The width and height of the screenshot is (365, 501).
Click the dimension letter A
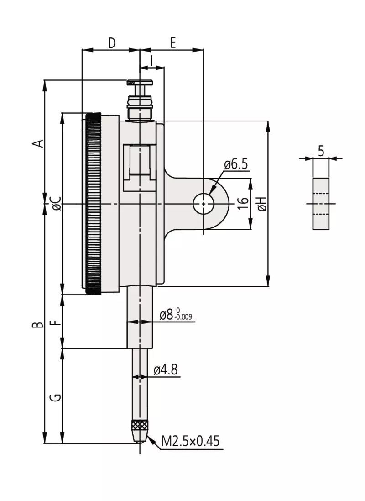click(x=40, y=142)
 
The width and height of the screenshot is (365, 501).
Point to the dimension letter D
click(x=111, y=42)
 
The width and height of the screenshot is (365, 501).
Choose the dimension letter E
click(x=172, y=42)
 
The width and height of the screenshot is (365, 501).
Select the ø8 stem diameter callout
click(x=176, y=315)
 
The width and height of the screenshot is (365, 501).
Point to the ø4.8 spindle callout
click(x=166, y=369)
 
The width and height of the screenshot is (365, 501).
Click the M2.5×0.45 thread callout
click(x=191, y=441)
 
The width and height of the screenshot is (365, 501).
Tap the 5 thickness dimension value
click(x=321, y=151)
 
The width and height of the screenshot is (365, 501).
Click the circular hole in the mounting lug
click(x=203, y=204)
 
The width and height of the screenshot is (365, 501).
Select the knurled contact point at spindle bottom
click(x=140, y=427)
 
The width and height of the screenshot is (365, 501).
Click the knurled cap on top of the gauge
click(x=140, y=83)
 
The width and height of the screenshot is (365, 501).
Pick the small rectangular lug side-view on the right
click(x=321, y=203)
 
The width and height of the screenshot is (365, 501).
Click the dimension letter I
click(x=151, y=60)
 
